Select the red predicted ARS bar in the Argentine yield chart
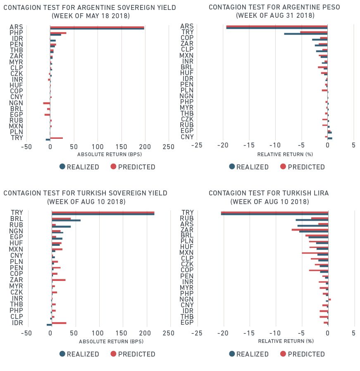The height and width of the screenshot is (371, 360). point(97,27)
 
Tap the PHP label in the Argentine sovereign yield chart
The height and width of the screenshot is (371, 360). point(16,33)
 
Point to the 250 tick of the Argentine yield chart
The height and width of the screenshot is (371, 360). point(169,147)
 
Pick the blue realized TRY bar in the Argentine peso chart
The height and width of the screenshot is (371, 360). point(305,34)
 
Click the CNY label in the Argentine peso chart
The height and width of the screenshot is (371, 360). point(187,137)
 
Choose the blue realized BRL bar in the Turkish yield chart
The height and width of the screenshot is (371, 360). point(66,220)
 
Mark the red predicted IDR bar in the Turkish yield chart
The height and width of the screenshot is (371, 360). point(59,323)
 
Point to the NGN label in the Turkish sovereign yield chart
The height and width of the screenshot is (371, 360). point(16,231)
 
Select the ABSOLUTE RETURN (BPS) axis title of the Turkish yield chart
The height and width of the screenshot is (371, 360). point(108,342)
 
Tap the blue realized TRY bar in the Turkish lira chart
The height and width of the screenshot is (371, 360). point(274,214)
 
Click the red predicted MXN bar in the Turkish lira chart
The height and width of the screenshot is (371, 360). point(315,252)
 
